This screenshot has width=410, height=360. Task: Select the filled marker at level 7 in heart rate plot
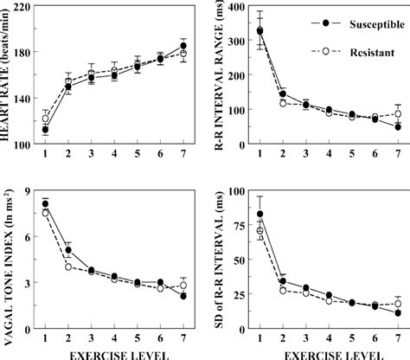click(183, 46)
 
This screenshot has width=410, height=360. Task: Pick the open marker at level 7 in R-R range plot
click(397, 113)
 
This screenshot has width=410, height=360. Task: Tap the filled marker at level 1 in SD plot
click(260, 214)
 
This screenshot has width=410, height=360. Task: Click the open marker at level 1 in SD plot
click(260, 231)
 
